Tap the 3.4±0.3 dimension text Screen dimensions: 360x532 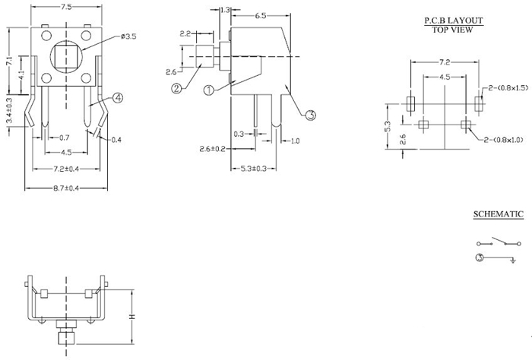8,111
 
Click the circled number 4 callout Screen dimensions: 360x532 119,97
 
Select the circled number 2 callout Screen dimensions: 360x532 176,88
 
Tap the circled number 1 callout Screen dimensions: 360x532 207,90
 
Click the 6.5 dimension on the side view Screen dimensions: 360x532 260,14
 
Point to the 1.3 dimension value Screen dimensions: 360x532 224,10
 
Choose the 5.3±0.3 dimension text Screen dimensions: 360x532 253,169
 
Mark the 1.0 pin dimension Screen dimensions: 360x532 295,141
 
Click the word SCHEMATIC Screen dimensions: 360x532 498,215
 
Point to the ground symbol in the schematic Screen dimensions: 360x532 514,261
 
